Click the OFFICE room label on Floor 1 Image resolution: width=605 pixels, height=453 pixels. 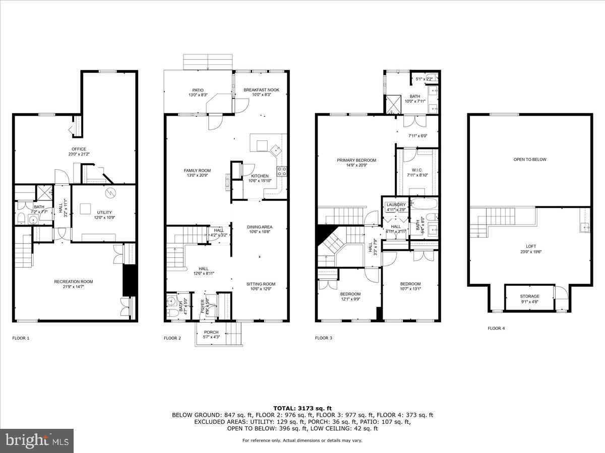[x=79, y=149]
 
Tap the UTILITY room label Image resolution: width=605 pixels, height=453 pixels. [x=104, y=212]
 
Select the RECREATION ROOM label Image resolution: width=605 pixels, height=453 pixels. [x=74, y=281]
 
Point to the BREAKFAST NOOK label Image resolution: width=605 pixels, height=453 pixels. [x=261, y=90]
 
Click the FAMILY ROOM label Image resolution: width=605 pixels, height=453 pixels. [x=197, y=171]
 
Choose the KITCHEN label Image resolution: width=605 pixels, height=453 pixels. [x=260, y=176]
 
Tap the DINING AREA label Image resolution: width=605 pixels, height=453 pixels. [x=260, y=227]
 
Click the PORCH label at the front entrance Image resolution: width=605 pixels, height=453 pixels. [x=211, y=332]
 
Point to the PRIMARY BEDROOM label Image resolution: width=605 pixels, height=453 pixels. [x=356, y=161]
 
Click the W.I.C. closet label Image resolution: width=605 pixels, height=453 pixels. [x=417, y=170]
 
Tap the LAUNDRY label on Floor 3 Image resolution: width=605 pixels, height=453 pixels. [x=396, y=205]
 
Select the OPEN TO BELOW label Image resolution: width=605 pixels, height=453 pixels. [x=530, y=160]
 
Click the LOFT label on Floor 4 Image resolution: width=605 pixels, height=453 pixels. [x=531, y=246]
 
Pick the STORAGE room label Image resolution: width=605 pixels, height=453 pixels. [x=530, y=296]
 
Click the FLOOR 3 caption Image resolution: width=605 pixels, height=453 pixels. [x=323, y=338]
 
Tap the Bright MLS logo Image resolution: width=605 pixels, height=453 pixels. [x=37, y=441]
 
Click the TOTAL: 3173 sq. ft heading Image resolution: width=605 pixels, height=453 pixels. [x=302, y=408]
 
